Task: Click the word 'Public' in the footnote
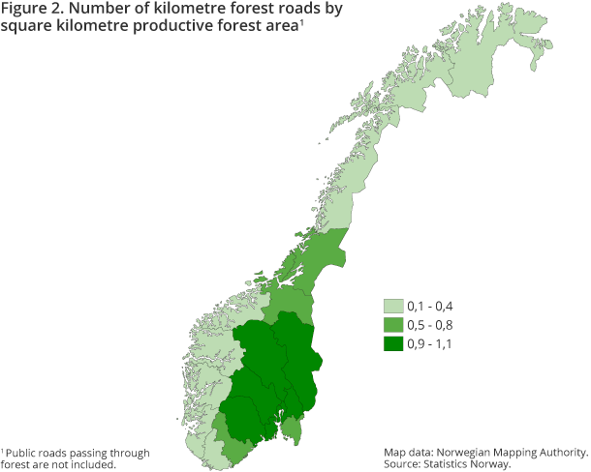23,453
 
